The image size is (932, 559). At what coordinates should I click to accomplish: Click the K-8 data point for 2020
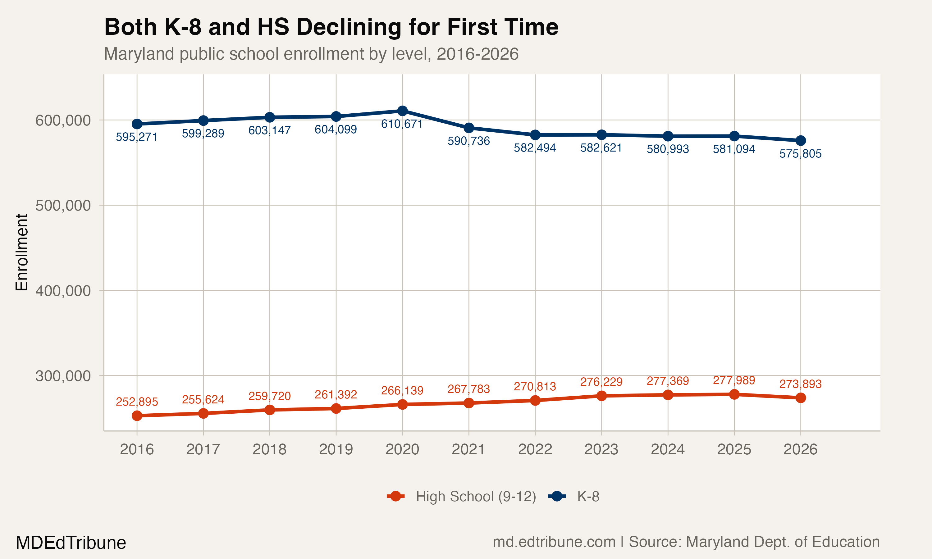tap(402, 111)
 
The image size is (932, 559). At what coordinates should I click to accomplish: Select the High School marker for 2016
tap(137, 416)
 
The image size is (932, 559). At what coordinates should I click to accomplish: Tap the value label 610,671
tap(402, 124)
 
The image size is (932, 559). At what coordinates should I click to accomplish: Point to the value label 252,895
tap(137, 402)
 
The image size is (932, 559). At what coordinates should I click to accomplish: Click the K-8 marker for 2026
tap(801, 140)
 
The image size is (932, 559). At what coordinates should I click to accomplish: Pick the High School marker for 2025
tap(734, 394)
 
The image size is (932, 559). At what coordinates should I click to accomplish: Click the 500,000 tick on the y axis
tap(63, 206)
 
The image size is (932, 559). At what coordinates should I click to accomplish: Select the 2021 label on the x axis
tap(468, 449)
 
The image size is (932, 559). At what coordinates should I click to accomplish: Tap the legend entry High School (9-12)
tap(475, 497)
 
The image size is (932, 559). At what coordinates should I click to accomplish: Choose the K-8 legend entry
tap(588, 497)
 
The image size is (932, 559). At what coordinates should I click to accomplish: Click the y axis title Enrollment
tap(22, 252)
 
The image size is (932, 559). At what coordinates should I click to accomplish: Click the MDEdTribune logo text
tap(71, 543)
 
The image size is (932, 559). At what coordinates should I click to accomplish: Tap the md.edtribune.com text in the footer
tap(554, 542)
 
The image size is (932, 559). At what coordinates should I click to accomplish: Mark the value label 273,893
tap(800, 384)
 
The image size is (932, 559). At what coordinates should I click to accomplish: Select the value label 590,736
tap(468, 141)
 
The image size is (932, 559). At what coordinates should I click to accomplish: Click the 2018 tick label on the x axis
tap(269, 449)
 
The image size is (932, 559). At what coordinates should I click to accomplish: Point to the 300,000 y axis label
tap(63, 376)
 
